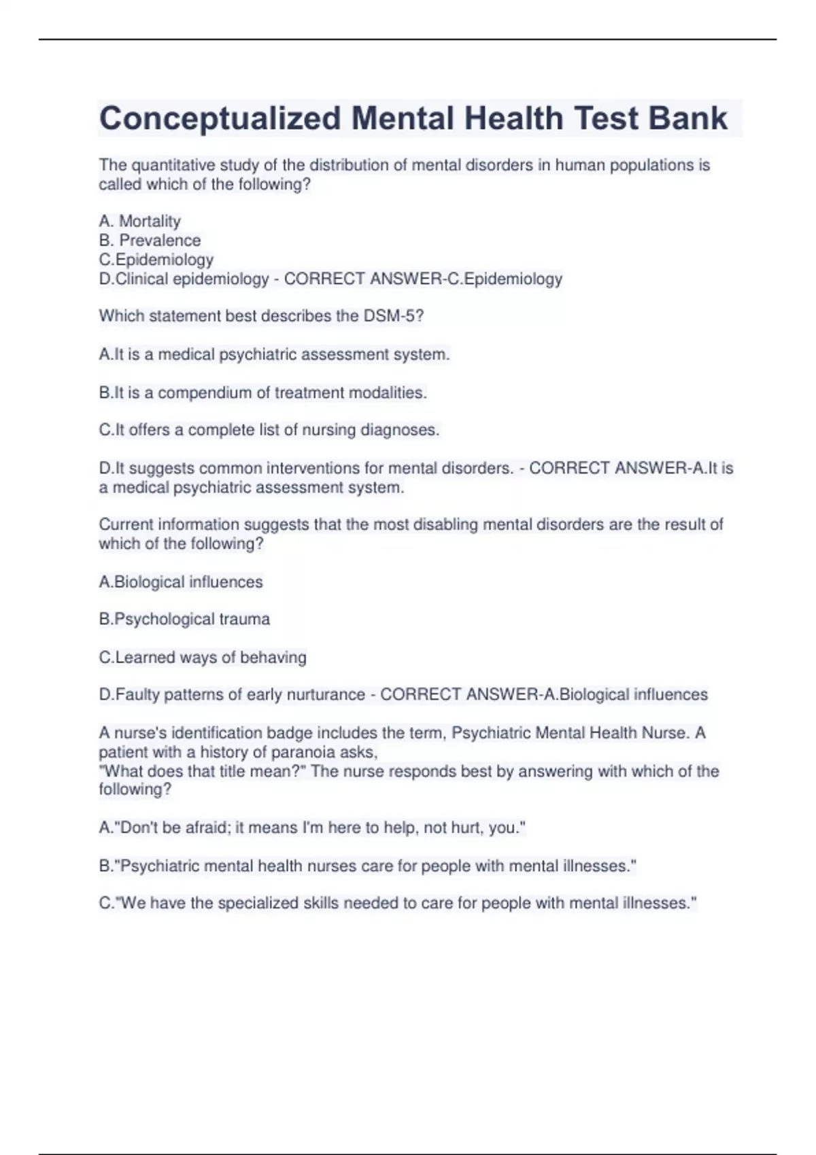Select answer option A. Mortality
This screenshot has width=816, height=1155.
(x=139, y=221)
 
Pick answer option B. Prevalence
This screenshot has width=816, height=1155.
(x=150, y=241)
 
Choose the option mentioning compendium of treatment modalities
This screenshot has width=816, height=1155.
(x=262, y=393)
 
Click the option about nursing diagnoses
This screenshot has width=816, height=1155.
(x=269, y=430)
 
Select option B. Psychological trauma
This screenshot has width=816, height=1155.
(x=184, y=619)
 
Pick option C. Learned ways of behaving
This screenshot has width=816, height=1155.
(x=203, y=657)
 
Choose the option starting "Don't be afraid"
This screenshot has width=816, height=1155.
(x=312, y=828)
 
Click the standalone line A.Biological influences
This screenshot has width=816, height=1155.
(x=181, y=582)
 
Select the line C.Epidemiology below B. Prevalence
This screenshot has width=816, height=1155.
(x=156, y=260)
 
